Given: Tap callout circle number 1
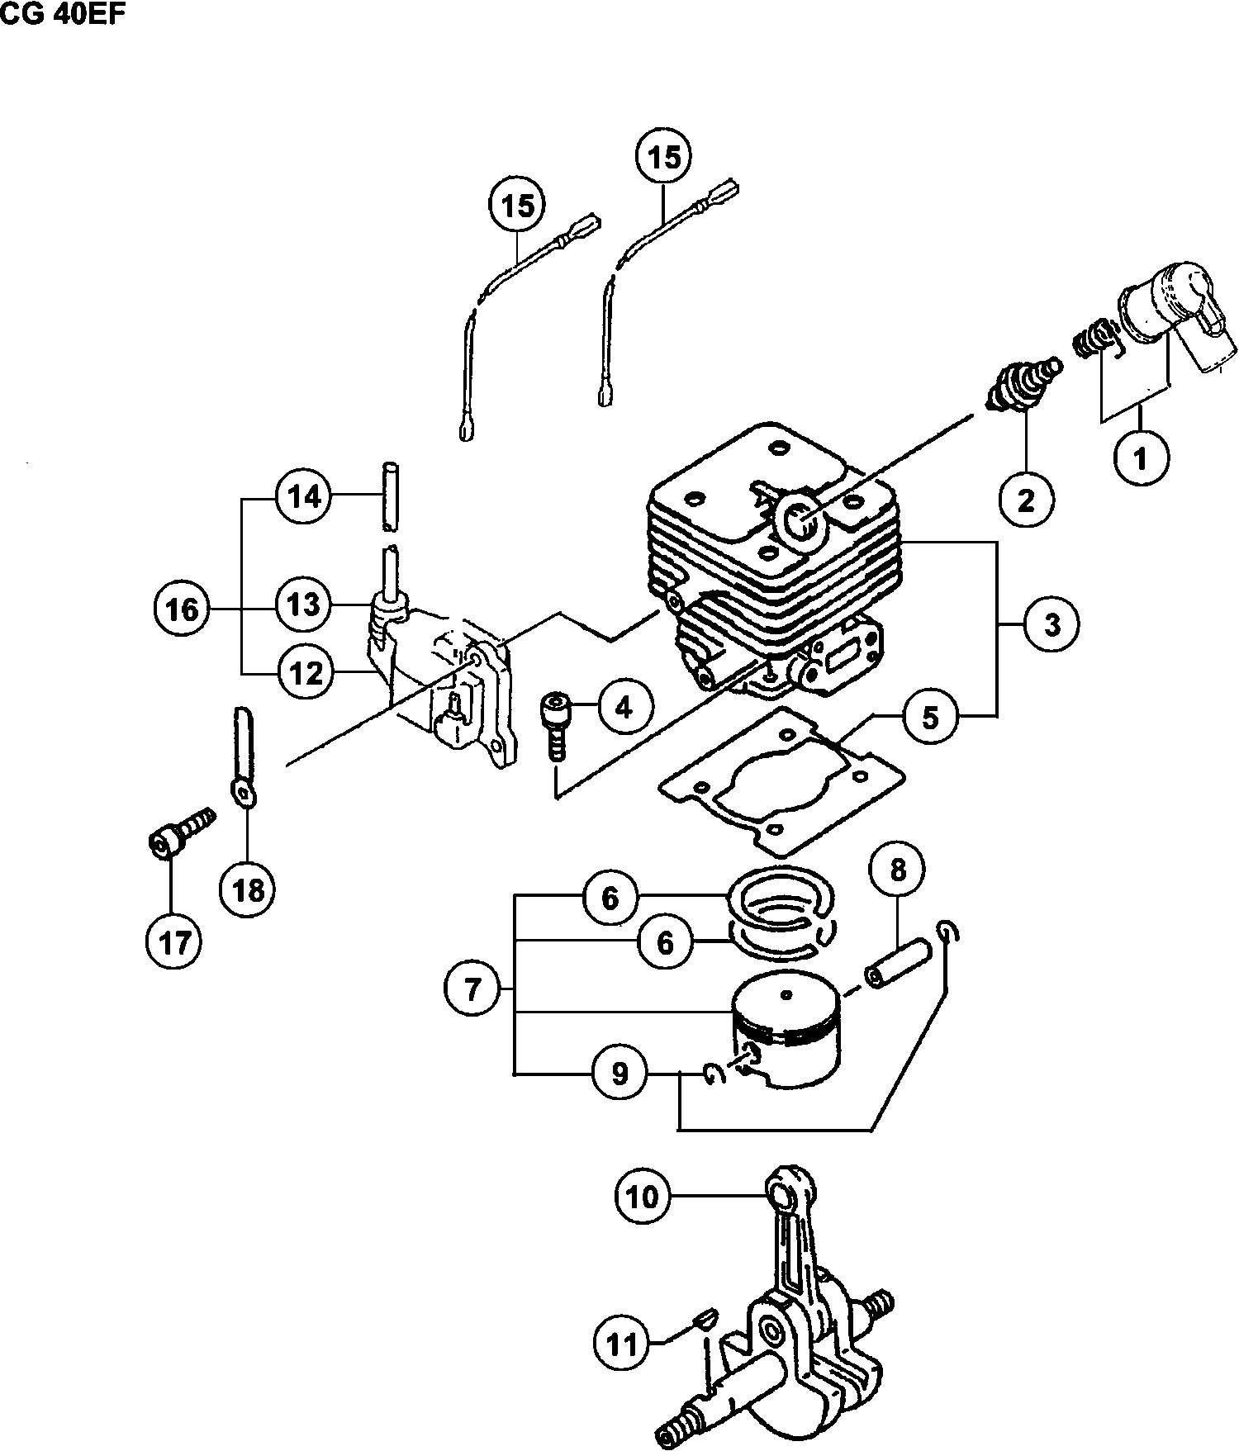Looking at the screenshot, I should (1142, 457).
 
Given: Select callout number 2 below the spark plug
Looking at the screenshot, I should (1025, 499).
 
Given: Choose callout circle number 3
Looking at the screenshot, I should (1051, 624).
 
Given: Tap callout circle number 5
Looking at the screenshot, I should (931, 717).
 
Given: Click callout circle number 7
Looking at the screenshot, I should (472, 988).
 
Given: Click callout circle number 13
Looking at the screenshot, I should (303, 604).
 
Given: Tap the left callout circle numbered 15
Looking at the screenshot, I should (518, 205).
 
